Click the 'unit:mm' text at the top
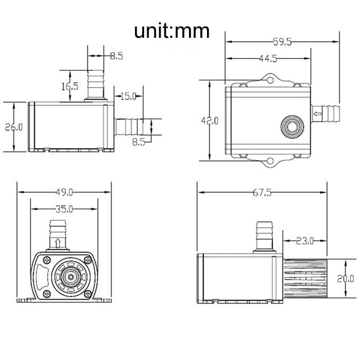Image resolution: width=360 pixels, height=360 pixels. coord(172,31)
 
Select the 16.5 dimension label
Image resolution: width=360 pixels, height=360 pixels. coord(70,86)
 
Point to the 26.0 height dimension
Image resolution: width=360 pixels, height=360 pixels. coord(13,127)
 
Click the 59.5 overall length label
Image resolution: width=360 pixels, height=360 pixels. coord(283,42)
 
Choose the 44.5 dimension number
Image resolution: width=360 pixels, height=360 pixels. coord(268,58)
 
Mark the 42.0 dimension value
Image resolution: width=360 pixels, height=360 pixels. coord(209,121)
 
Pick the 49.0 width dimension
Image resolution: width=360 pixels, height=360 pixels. coord(63,192)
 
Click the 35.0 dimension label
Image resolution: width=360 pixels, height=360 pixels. coord(63,209)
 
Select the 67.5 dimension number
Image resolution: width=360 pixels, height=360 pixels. coord(260,193)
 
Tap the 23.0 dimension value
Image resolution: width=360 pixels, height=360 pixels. coord(305,241)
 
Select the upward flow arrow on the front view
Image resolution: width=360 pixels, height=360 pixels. coord(58,243)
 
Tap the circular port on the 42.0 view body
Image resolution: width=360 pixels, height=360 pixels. coord(292,127)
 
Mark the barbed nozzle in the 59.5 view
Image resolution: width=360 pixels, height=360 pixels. coord(329,112)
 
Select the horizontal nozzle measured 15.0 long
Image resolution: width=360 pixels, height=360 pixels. coord(128,127)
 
